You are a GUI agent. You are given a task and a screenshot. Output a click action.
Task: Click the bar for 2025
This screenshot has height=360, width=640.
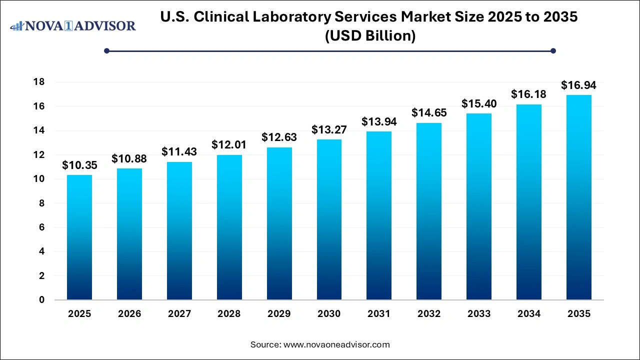tap(79, 237)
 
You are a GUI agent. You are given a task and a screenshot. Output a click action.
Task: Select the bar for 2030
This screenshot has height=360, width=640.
tap(329, 219)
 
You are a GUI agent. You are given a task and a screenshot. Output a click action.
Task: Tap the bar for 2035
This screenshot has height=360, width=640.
tap(578, 197)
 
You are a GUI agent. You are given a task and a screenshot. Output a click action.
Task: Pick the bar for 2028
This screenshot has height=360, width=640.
tap(229, 227)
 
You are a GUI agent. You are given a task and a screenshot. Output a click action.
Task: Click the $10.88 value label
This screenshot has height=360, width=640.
tap(129, 158)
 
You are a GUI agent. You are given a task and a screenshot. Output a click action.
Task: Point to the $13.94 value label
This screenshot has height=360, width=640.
tap(379, 121)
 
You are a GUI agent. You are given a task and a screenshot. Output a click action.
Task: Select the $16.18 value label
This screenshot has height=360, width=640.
tap(528, 94)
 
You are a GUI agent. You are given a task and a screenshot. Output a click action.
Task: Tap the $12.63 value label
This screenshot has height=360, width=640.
tap(279, 137)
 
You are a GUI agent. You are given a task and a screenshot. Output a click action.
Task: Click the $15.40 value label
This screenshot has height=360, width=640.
tap(478, 104)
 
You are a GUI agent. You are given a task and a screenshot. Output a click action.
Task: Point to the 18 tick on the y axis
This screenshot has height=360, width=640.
tap(39, 82)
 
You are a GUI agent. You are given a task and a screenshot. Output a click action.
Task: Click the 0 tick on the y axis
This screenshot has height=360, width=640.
tap(42, 300)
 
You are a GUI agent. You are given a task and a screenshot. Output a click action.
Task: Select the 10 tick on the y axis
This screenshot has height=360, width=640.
tap(39, 179)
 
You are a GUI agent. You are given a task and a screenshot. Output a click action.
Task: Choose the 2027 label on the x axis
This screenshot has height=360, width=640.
tap(179, 314)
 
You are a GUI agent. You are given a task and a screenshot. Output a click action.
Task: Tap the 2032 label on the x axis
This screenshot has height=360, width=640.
tap(429, 314)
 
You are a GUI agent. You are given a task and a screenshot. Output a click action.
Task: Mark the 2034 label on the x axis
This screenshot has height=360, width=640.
tap(528, 314)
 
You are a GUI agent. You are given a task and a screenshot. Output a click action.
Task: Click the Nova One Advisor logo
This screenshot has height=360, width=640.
tap(73, 25)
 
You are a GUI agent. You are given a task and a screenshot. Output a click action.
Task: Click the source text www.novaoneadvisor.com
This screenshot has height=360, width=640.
tap(336, 344)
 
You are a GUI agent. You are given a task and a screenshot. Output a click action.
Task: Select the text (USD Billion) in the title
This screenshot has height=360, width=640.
tap(370, 36)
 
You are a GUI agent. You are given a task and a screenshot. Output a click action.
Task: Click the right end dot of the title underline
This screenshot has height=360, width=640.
tap(553, 50)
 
